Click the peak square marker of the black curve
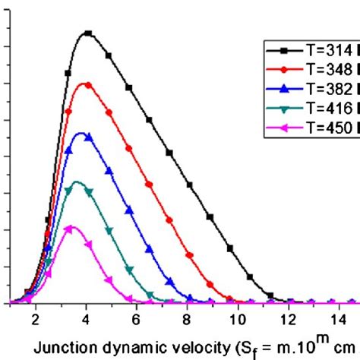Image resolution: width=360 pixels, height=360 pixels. click(x=88, y=33)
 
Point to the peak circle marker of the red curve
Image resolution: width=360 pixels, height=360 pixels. click(x=88, y=84)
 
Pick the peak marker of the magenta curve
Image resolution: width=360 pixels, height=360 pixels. click(x=71, y=228)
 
